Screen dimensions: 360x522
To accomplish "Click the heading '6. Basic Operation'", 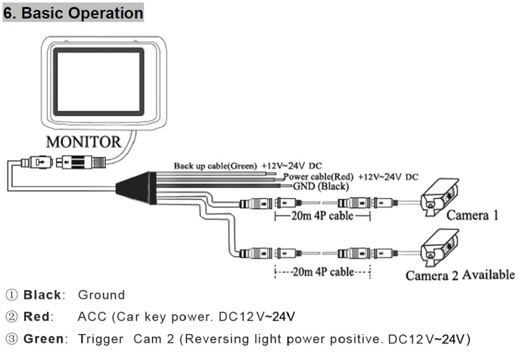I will [73, 13].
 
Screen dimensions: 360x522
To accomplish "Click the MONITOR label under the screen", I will [84, 141].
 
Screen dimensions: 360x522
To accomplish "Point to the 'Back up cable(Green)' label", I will [215, 166].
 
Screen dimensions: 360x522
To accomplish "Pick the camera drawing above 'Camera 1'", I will [441, 198].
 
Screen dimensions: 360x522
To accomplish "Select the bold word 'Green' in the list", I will [43, 339].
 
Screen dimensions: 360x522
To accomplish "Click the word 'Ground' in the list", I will [101, 295].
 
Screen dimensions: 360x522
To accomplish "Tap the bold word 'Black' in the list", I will [42, 295].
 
